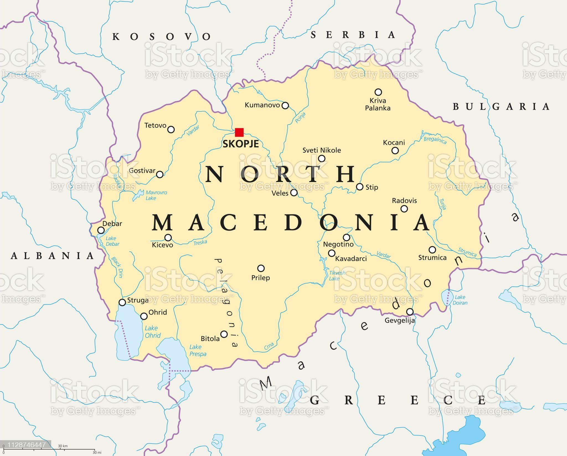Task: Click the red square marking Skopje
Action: [x=239, y=132]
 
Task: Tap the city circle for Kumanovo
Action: [x=285, y=105]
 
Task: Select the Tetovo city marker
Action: [x=171, y=129]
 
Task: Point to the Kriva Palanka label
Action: [x=378, y=104]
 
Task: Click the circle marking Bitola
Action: [x=224, y=334]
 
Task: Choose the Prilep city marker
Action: [x=261, y=268]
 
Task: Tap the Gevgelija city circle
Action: [x=410, y=312]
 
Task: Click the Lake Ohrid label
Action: [x=153, y=332]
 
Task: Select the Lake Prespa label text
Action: [x=198, y=350]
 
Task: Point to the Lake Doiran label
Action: [x=460, y=300]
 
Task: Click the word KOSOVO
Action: [x=162, y=37]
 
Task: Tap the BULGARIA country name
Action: [x=501, y=107]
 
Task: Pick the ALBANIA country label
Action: [x=52, y=256]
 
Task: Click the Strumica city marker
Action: [x=432, y=250]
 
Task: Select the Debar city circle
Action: [x=101, y=230]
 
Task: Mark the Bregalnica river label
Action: [x=435, y=140]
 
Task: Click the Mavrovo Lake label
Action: [x=156, y=195]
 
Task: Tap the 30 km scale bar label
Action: [x=63, y=446]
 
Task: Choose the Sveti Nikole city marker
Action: [x=321, y=158]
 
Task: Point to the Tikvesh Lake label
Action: [x=337, y=276]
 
